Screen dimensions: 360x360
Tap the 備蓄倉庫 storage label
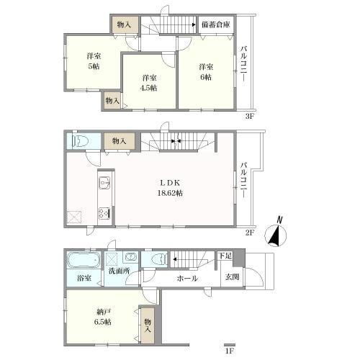point(216,24)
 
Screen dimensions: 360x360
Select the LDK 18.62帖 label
point(170,188)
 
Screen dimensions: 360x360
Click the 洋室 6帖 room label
point(206,72)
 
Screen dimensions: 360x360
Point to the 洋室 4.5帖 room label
point(149,83)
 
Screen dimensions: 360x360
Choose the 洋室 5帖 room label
point(94,61)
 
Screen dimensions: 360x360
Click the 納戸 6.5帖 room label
point(103,317)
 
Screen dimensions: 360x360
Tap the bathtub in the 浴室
point(84,260)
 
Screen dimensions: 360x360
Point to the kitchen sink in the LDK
point(104,183)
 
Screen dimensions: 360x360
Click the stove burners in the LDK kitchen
point(104,213)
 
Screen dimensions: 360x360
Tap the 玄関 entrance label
point(232,277)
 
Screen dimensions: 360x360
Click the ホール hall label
point(187,279)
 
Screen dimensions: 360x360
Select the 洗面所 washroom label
point(120,271)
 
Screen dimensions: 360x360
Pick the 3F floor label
point(250,117)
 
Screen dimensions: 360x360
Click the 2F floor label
point(250,233)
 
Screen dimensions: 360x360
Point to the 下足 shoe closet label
point(225,256)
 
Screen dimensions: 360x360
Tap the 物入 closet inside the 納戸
point(148,325)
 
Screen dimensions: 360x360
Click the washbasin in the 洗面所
point(130,257)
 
